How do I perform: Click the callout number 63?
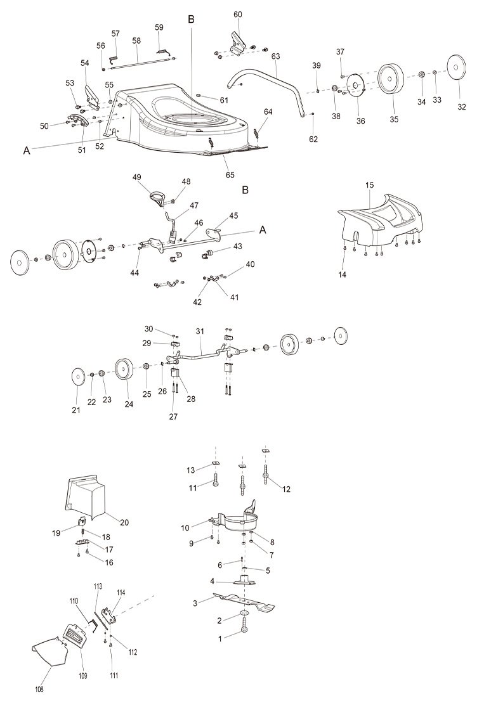275,56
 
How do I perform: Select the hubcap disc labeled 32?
456,68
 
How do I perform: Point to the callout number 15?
369,184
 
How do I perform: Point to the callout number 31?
200,332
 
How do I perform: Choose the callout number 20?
124,522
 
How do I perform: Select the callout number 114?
121,593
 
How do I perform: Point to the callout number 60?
237,15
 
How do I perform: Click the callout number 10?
185,528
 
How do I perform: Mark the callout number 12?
286,489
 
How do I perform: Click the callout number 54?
85,63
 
